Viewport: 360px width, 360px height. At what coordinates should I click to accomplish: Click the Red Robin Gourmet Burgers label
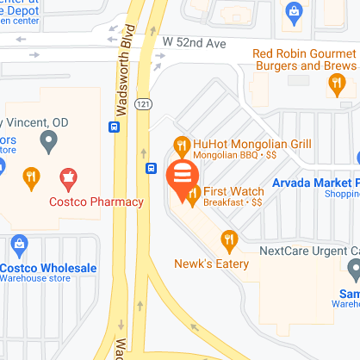point(304,59)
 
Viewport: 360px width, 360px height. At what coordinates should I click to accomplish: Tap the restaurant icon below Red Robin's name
point(337,84)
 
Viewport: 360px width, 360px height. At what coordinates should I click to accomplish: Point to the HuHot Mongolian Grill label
point(252,143)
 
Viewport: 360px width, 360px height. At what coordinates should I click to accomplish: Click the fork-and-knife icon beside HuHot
point(181,145)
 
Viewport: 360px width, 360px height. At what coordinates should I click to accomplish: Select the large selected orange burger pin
point(182,177)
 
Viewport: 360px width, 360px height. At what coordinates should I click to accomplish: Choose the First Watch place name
point(234,190)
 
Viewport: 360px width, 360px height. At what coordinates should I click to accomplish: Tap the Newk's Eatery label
point(212,263)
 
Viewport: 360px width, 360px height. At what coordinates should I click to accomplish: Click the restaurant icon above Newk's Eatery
point(228,239)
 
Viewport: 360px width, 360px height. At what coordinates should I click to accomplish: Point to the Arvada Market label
point(315,183)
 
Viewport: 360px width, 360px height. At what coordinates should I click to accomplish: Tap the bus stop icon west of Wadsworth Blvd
point(113,127)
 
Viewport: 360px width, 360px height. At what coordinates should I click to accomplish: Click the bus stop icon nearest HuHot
point(151,168)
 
